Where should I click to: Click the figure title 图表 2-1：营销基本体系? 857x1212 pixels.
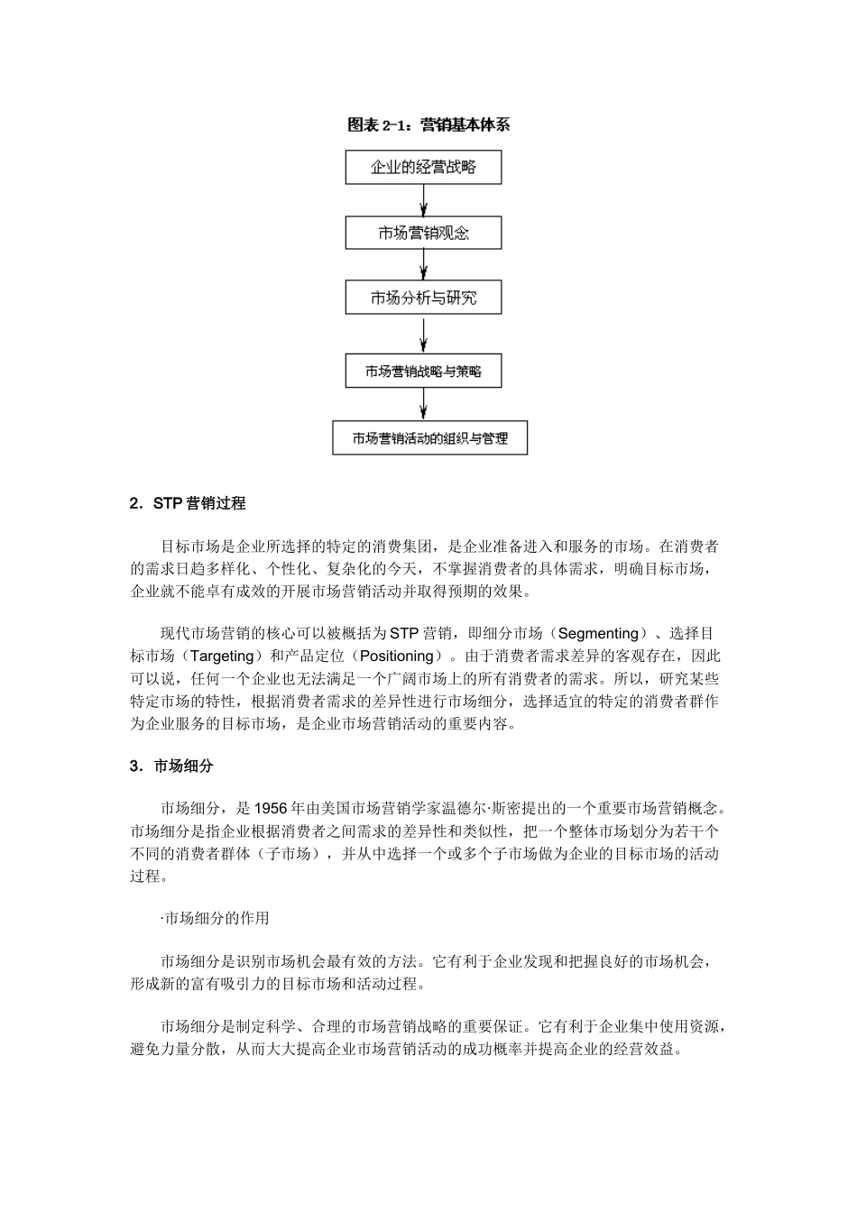pos(428,125)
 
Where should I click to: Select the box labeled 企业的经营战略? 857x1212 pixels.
pos(423,167)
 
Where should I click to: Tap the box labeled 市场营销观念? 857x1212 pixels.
pos(423,233)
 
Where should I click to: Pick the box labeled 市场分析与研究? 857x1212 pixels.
pos(423,298)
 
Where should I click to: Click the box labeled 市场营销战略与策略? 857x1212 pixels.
pos(423,371)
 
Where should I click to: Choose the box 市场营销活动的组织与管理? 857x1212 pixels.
pos(429,438)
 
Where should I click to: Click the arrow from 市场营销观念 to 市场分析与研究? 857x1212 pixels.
pos(423,265)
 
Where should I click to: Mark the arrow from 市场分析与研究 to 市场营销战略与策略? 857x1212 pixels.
pos(423,334)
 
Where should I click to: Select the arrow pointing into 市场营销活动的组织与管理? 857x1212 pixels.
pos(423,404)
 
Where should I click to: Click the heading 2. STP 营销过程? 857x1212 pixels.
pos(188,503)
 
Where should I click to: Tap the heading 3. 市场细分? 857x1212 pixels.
pos(171,766)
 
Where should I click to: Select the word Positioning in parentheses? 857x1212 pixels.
pos(396,656)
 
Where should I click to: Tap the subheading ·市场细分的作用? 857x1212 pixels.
pos(215,918)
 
